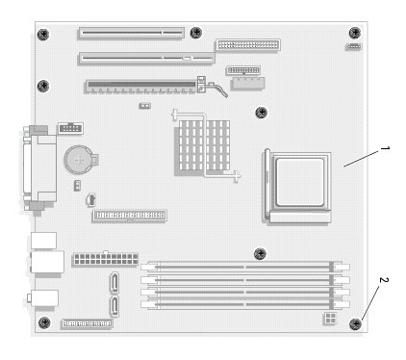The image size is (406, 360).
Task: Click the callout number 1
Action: coord(385,148)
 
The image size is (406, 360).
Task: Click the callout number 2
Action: coord(384,280)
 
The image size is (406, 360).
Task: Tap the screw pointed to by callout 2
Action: coord(355,324)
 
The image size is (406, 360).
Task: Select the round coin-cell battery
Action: coord(79,160)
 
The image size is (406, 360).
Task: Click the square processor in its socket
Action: coord(299,182)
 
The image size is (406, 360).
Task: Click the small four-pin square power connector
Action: coord(329,319)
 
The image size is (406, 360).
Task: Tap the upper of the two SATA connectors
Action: coord(114,282)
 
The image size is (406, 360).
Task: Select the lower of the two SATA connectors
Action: coord(114,306)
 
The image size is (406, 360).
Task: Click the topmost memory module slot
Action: coord(245,267)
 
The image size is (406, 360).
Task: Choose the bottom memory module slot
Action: coord(245,304)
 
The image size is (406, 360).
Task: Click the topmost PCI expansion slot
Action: coord(131,33)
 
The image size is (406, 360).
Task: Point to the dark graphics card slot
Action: coord(141,87)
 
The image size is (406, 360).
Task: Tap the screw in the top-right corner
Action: coord(355,33)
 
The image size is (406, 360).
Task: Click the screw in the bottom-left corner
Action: coord(44,322)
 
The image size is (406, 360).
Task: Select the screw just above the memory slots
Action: coord(260,253)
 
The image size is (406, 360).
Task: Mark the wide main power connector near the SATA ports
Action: coord(106,259)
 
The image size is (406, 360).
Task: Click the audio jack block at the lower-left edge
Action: coord(43,298)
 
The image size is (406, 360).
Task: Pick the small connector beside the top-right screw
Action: coord(353,47)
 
